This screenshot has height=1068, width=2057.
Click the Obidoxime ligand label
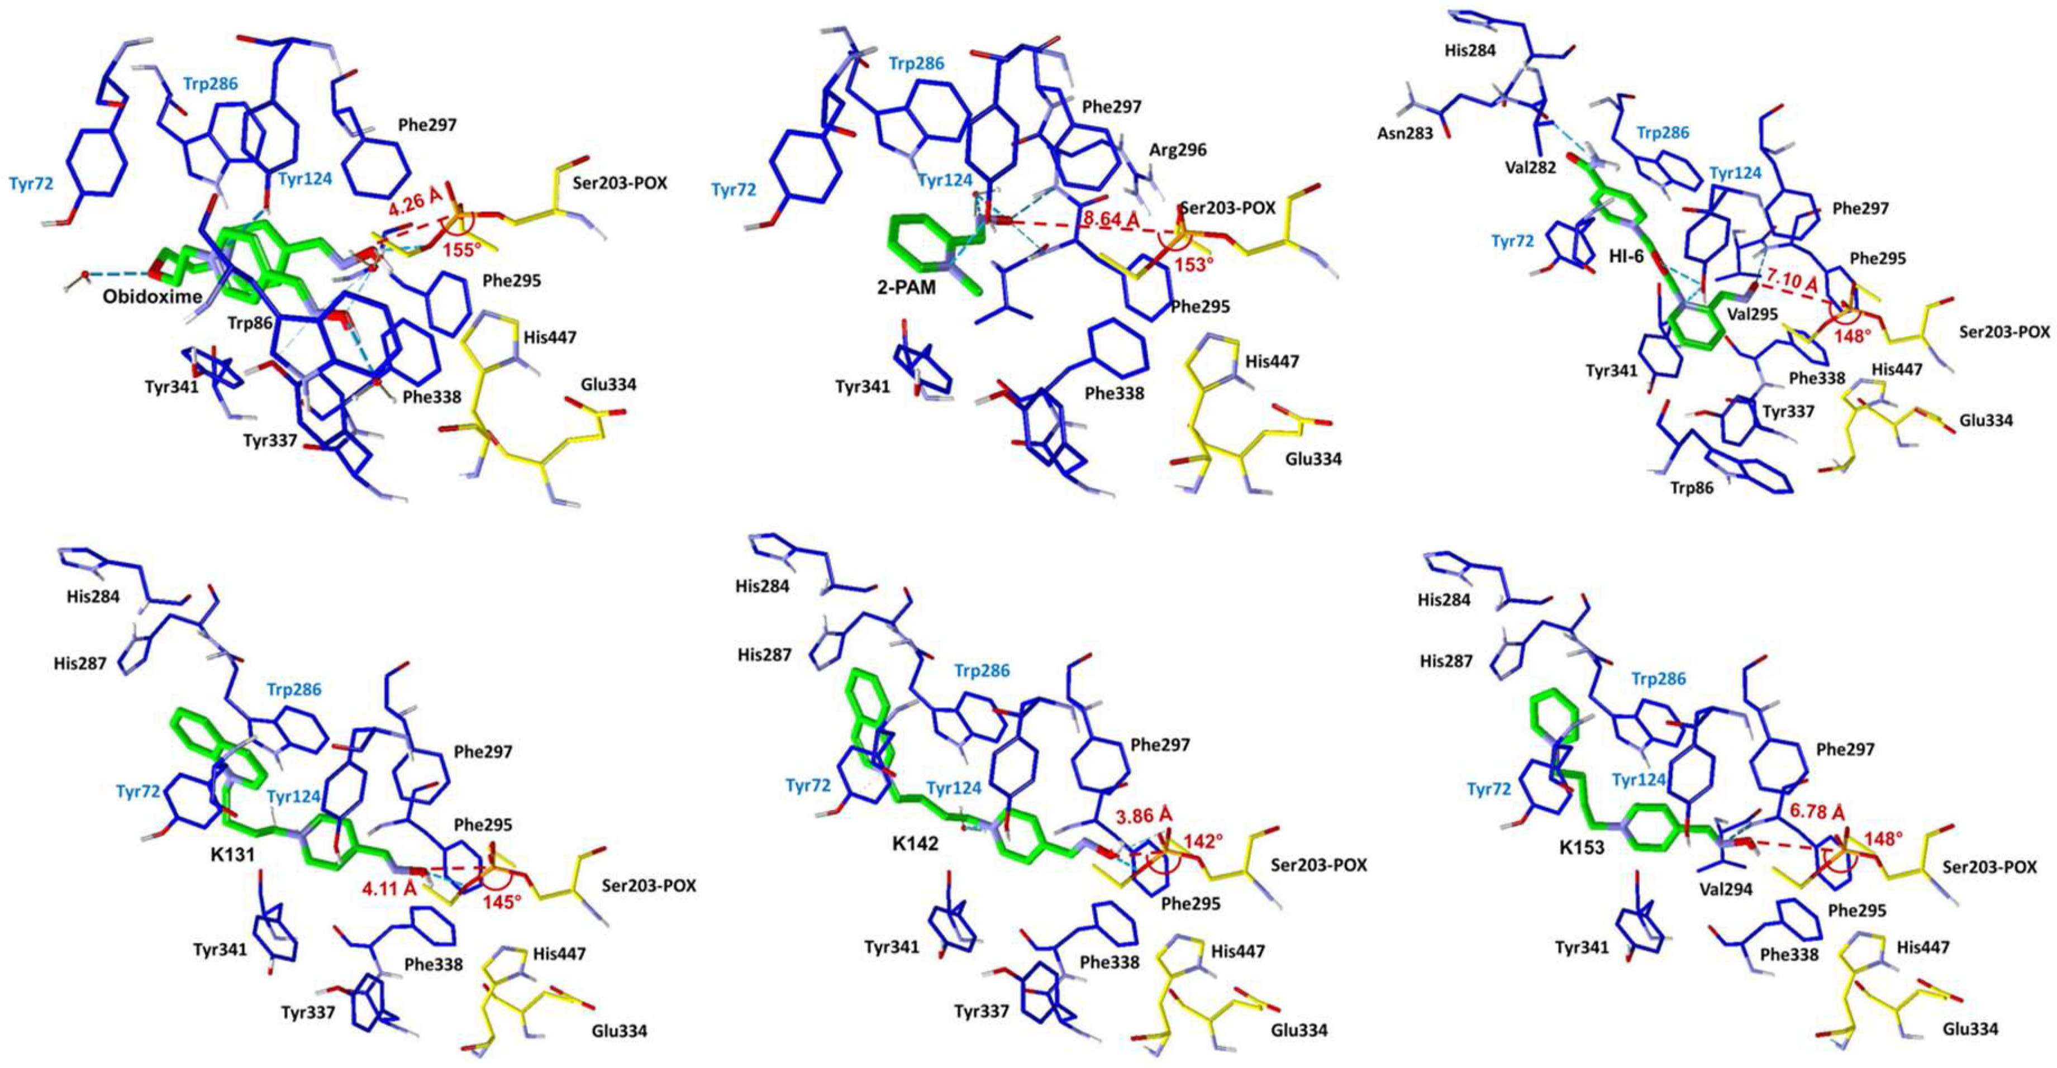[x=153, y=297]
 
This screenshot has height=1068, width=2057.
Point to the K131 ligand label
[x=232, y=855]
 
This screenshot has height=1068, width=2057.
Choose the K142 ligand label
[x=915, y=843]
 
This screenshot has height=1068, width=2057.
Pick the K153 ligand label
[x=1582, y=847]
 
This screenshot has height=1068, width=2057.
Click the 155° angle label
[x=463, y=249]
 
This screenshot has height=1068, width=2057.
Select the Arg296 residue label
[x=1178, y=150]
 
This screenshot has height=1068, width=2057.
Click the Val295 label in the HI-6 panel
[x=1752, y=314]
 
